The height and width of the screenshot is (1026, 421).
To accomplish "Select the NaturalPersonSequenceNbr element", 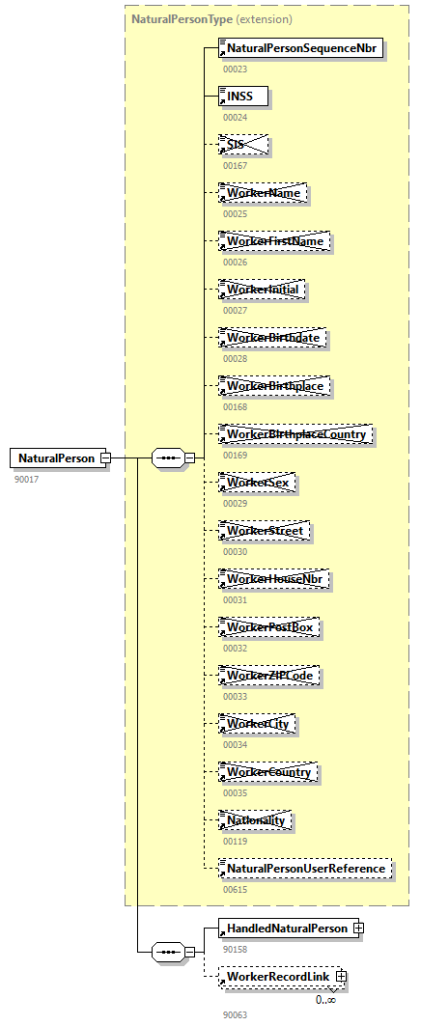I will point(302,48).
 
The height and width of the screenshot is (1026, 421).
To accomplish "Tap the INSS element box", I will point(242,97).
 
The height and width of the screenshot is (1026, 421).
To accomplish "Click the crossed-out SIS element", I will point(242,145).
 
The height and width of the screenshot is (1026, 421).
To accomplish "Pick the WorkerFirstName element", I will point(274,241).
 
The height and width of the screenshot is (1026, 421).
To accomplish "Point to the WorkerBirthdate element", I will point(274,338).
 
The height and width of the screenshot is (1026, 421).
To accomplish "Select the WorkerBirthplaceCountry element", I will point(295,434).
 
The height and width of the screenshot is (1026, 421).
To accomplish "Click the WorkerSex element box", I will point(257,483).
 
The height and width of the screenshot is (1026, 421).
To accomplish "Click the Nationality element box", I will point(256,820).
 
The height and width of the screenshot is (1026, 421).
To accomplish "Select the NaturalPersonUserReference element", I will point(305,869).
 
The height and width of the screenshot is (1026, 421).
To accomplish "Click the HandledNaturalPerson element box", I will point(286,929).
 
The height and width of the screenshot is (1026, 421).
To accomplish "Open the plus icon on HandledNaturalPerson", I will point(358,929).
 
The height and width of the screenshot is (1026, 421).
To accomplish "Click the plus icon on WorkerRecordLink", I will point(339,978).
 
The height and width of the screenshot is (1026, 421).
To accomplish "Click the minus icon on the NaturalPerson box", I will point(105,458).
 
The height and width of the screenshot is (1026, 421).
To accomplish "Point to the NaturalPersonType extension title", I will point(211,18).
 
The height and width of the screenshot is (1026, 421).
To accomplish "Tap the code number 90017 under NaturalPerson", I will point(26,479).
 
